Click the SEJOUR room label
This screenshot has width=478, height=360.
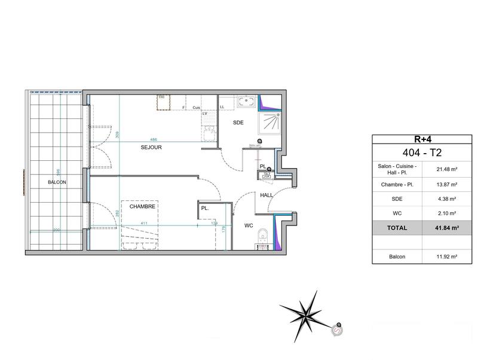[x=151, y=147]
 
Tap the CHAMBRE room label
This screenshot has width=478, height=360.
[x=144, y=206]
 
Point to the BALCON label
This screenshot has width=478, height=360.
[x=57, y=182]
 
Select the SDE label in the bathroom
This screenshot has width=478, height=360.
[x=238, y=122]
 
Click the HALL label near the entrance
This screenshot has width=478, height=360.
[x=266, y=196]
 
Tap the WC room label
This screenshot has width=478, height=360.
[x=248, y=226]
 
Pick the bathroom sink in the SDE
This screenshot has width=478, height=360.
[x=246, y=102]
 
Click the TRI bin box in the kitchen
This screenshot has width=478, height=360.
[x=161, y=102]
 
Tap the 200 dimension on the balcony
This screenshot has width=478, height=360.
[x=56, y=230]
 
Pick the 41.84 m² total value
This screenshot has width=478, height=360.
[x=445, y=228]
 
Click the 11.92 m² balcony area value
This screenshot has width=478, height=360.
[x=446, y=257]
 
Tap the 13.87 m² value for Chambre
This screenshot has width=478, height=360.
[x=446, y=185]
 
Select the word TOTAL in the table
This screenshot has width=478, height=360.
[x=397, y=228]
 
